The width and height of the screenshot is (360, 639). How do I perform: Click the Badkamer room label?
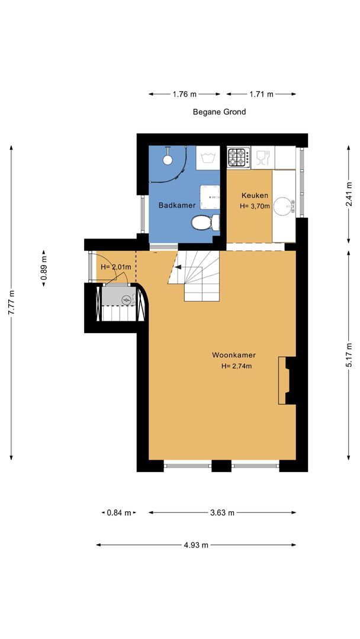[x=177, y=205]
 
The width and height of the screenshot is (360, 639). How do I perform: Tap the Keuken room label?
[x=255, y=195]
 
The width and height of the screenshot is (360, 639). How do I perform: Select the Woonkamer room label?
[x=234, y=355]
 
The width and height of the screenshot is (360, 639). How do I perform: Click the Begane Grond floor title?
[x=219, y=112]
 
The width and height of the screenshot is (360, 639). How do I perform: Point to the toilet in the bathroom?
[x=205, y=222]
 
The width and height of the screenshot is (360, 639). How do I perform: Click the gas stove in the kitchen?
[x=239, y=157]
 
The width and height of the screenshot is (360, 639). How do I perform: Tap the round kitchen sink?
[x=284, y=206]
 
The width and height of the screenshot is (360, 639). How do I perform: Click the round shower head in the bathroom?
[x=168, y=159]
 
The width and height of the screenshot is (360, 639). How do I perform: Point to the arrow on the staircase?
[x=178, y=267]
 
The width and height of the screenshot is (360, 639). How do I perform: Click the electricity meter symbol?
[x=127, y=300]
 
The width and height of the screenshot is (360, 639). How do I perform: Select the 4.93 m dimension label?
[x=196, y=545]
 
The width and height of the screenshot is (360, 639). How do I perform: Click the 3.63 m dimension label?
[x=222, y=512]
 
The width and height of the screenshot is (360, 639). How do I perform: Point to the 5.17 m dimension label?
[x=349, y=355]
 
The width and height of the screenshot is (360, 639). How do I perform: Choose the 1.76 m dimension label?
[x=184, y=94]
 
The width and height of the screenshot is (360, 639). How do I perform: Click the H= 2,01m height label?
[x=116, y=267]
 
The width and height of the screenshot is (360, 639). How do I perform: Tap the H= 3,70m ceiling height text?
[x=255, y=206]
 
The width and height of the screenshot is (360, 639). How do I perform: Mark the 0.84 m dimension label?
[x=119, y=512]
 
